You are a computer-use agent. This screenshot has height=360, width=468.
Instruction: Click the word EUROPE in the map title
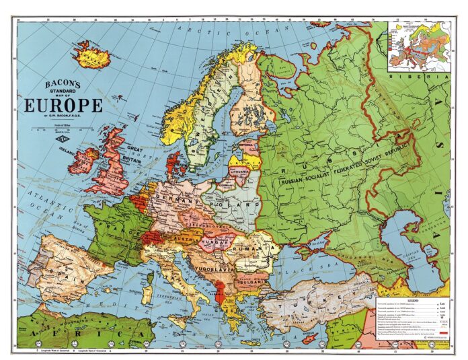coord(64,106)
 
